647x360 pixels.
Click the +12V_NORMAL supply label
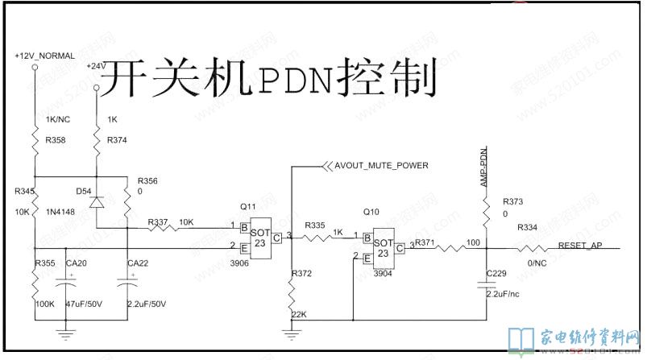click(44, 56)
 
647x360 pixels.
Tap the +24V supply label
click(94, 65)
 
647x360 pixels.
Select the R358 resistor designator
click(56, 140)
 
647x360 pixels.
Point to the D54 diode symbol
click(97, 201)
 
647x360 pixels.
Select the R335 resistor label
click(315, 226)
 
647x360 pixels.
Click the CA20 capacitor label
click(78, 263)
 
